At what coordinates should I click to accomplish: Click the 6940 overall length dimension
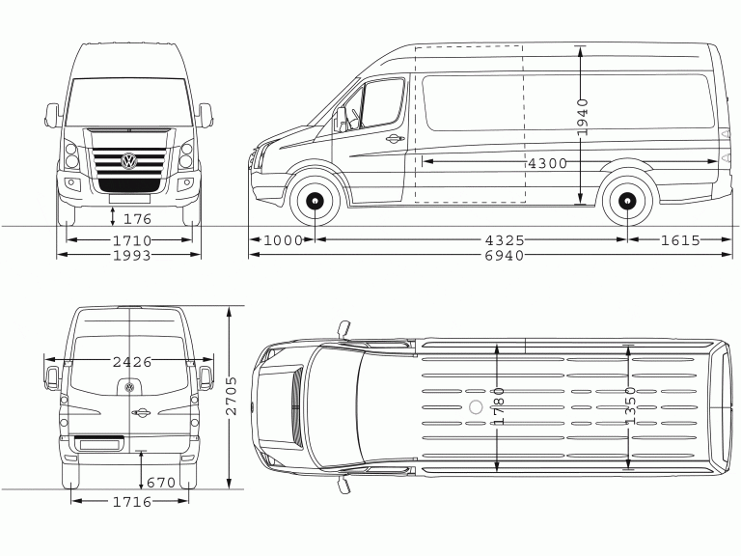tap(505, 256)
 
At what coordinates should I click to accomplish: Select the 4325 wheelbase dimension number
tap(505, 240)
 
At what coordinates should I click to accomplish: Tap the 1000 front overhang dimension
tap(283, 240)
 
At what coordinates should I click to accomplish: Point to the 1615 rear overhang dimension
tap(680, 240)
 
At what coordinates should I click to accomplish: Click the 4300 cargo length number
tap(547, 163)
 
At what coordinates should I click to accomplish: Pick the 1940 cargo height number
tap(583, 117)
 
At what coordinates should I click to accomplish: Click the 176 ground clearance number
tap(137, 219)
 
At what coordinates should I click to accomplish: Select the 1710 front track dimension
tap(132, 240)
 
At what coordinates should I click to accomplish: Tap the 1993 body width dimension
tap(132, 256)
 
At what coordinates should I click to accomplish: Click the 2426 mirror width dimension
tap(132, 362)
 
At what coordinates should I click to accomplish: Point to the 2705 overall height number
tap(232, 396)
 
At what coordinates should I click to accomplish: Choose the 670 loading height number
tap(161, 483)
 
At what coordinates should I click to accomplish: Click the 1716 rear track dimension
tap(132, 501)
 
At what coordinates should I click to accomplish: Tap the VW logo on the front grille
tap(129, 161)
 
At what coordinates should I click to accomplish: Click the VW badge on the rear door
tap(129, 388)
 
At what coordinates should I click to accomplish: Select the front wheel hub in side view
tap(315, 201)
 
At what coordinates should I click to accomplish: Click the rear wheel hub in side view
tap(627, 201)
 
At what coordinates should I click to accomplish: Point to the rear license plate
tap(99, 444)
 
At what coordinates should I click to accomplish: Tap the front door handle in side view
tap(395, 139)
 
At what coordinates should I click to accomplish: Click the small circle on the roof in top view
tap(476, 406)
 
